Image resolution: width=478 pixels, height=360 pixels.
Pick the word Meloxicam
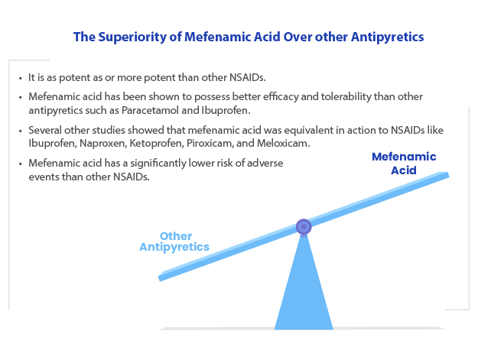tap(283, 143)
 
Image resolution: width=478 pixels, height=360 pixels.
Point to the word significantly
tap(158, 164)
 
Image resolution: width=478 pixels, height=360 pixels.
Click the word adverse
tap(265, 164)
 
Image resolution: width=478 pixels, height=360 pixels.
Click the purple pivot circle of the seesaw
tap(304, 226)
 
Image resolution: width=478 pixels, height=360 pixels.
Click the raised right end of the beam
tap(447, 175)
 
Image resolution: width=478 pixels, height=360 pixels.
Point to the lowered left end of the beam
tap(161, 277)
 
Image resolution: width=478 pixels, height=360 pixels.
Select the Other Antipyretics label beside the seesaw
tap(174, 242)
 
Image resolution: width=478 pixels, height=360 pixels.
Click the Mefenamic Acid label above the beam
tap(404, 164)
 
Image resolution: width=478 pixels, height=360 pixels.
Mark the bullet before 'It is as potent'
tap(21, 78)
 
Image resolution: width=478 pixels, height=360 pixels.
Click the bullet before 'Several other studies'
tap(21, 131)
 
